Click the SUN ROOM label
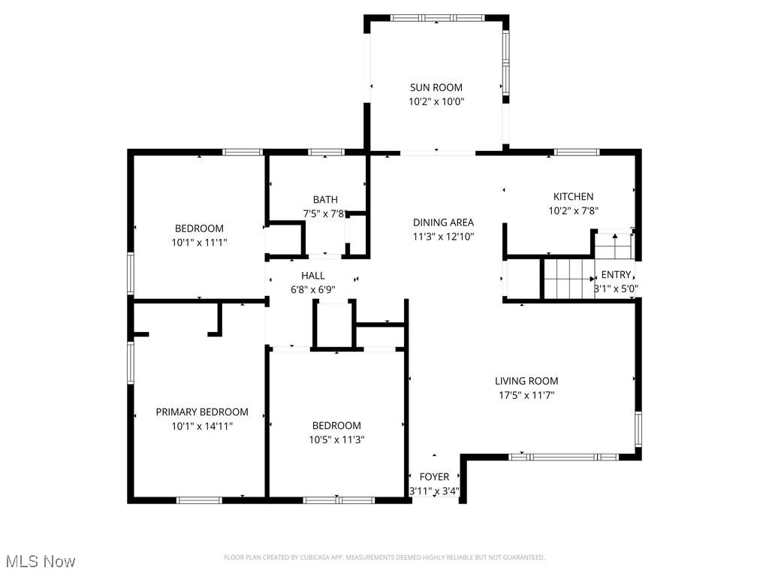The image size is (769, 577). pos(436,87)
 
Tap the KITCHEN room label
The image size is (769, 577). pos(573,197)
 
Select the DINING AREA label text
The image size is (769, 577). pos(443,222)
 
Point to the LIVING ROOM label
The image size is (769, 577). pos(526,381)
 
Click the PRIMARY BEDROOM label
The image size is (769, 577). pos(201,412)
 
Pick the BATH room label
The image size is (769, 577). pos(325,199)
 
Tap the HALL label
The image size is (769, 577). pos(312,276)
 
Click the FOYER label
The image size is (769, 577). pos(434,477)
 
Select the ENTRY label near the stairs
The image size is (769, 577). pos(616,275)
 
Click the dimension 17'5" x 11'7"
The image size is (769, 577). pos(526,395)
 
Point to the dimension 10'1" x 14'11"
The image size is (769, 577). pos(201,426)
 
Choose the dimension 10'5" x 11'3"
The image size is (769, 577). pos(336,440)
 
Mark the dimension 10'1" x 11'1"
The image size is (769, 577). pos(199,243)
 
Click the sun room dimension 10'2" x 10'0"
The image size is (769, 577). pos(436,101)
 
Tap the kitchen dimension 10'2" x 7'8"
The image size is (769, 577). pos(573,211)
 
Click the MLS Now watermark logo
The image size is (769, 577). pos(41,561)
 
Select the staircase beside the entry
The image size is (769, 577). pos(568,278)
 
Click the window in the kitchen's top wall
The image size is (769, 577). pos(577,152)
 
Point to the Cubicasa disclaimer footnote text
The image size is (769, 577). pos(384,557)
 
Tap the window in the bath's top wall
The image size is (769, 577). pos(326,152)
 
